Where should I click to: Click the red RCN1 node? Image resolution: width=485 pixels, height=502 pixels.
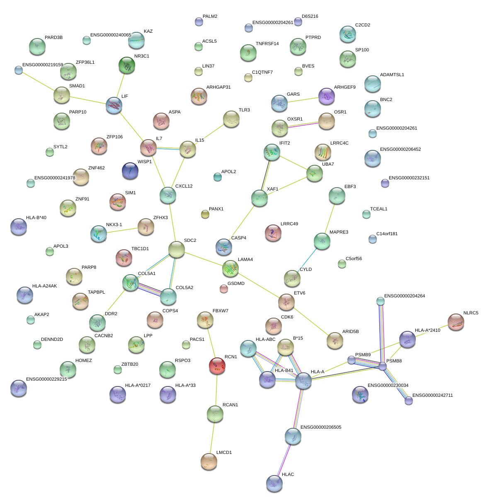pos(217,366)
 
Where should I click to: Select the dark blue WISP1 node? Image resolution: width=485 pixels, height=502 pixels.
pos(130,171)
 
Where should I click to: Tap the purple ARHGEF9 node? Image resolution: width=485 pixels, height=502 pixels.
pos(326,96)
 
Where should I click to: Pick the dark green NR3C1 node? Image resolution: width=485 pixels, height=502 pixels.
pos(127,65)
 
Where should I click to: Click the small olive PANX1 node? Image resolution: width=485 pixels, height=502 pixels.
pos(205,214)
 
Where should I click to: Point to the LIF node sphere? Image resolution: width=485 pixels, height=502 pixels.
pos(114,105)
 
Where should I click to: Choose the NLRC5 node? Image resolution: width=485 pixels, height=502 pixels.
pos(456,322)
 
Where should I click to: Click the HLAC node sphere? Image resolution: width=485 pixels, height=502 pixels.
pos(274,483)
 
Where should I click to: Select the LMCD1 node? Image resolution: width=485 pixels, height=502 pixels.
pos(209,461)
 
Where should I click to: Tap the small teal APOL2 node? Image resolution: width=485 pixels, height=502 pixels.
pos(217,177)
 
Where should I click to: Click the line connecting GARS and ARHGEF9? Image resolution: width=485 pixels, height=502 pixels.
pos(303,100)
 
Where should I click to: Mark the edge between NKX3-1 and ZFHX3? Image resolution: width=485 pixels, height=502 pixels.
pos(122,230)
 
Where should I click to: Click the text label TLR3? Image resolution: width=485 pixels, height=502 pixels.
pos(244,110)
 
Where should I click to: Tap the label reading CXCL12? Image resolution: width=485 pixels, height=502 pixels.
pos(184,186)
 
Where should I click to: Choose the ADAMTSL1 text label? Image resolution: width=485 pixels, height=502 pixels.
pos(392,75)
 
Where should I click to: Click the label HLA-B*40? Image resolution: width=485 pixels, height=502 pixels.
pos(36,217)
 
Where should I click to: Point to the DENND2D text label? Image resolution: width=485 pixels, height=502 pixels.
pos(52,339)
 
